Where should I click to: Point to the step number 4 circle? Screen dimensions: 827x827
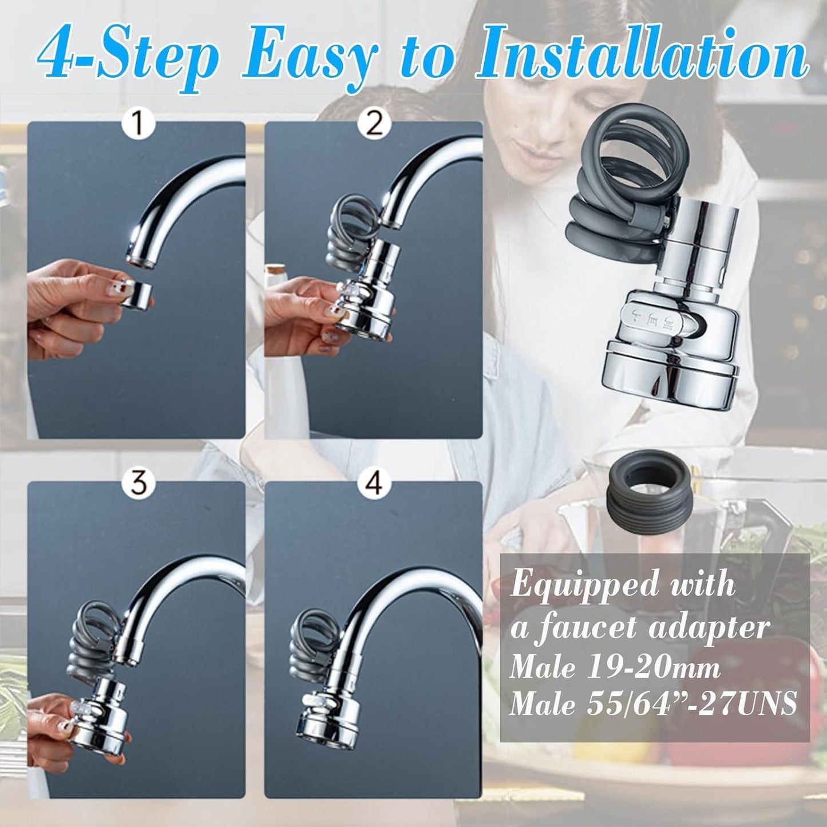[374, 484]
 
